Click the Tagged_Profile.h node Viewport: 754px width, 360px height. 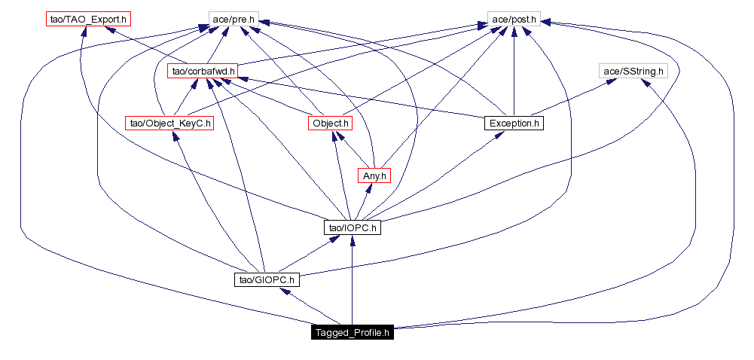point(353,333)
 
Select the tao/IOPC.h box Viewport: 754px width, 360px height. point(353,227)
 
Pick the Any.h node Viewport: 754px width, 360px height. point(374,175)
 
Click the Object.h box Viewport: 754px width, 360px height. point(330,123)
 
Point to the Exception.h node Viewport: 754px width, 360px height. point(513,123)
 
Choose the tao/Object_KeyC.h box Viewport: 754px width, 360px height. point(169,123)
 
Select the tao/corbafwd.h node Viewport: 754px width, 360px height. point(202,72)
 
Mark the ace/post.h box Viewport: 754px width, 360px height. point(513,18)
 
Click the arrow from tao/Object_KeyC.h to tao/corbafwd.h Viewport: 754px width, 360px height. point(186,97)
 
